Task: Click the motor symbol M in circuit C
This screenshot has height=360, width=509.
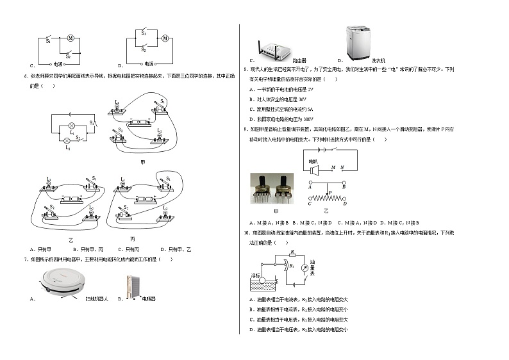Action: pos(71,38)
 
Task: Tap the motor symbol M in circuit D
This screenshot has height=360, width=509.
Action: pos(165,38)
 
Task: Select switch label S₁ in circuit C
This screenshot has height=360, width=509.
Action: pos(48,41)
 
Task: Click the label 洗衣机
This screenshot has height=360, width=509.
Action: pos(378,60)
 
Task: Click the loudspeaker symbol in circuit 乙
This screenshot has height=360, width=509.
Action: pos(313,169)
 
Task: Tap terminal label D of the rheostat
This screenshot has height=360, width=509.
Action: pos(345,204)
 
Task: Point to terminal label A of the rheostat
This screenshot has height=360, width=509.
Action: pos(310,186)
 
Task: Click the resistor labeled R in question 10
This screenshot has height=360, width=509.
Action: pos(292,255)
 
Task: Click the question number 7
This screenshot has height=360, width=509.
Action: pos(26,259)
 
